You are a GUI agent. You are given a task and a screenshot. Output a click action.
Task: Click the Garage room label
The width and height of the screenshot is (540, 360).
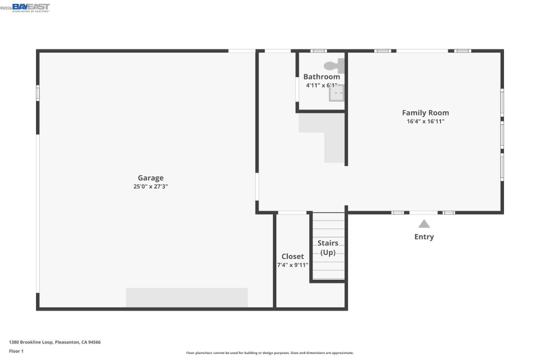150,178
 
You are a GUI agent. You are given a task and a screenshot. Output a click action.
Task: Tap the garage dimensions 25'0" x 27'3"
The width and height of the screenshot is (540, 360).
150,186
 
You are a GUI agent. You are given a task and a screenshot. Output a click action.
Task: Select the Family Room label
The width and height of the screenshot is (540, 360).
425,112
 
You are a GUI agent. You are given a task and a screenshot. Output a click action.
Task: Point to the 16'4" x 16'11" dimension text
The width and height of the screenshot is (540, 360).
425,121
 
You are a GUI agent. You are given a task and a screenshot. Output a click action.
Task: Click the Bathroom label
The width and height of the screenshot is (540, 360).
321,76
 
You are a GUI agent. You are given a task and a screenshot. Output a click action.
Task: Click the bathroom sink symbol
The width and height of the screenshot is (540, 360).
336,93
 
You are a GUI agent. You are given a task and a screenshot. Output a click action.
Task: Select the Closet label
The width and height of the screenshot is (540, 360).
292,256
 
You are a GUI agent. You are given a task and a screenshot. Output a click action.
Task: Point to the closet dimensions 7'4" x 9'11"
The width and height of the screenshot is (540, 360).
292,265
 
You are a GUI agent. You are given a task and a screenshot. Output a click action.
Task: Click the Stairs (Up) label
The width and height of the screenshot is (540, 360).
328,247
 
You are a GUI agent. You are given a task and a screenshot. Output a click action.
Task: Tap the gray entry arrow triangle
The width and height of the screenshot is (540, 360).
424,224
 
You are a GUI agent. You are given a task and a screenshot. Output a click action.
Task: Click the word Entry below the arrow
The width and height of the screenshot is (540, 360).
424,237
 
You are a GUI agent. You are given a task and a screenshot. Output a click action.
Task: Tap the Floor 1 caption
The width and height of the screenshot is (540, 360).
16,351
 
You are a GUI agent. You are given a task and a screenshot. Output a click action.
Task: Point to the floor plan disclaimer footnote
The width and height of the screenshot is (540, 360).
270,353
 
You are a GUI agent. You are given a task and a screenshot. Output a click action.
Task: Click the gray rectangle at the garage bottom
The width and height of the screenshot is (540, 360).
186,297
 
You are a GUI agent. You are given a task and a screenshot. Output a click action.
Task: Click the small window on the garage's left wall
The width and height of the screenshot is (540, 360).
38,93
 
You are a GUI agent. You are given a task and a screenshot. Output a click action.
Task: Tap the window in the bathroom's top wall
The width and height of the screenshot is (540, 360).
318,51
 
